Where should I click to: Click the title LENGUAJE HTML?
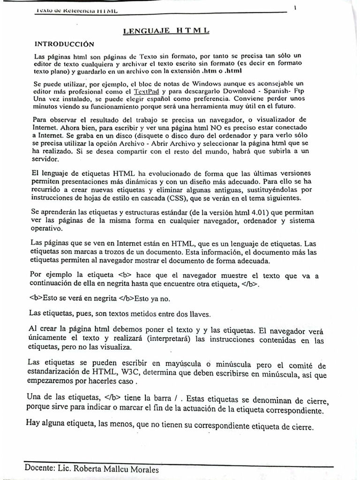point(166,31)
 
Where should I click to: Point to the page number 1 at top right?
point(295,7)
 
